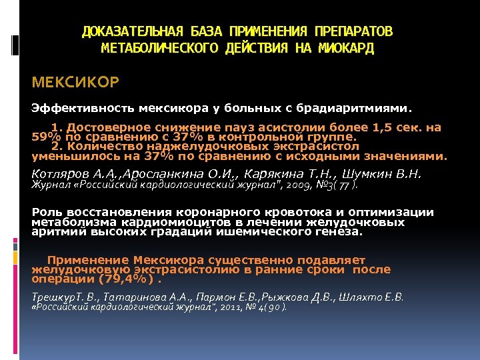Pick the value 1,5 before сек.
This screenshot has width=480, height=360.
click(389, 127)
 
